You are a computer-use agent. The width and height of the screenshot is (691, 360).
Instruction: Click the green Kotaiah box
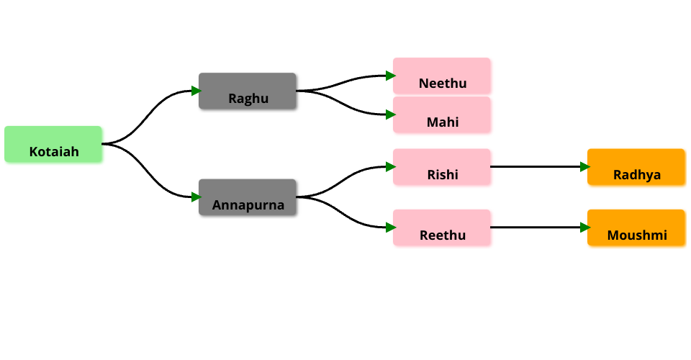(53, 144)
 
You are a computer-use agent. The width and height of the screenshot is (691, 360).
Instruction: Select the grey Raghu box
(247, 91)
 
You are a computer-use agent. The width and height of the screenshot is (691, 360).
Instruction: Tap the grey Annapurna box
(247, 197)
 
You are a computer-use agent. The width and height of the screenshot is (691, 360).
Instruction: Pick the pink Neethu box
(441, 76)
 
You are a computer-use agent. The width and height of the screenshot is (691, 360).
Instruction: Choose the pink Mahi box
(441, 114)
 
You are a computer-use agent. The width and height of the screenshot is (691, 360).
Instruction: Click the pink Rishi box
(441, 167)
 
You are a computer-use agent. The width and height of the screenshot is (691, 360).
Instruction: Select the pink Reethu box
(441, 228)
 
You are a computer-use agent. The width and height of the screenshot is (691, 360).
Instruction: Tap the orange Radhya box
(636, 167)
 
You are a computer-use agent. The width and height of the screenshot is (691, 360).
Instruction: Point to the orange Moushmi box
(636, 228)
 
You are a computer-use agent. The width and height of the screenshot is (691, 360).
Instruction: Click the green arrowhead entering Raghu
(197, 91)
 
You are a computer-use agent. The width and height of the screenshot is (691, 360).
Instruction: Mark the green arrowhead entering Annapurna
(197, 197)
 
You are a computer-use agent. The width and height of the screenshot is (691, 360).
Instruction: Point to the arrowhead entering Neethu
(391, 76)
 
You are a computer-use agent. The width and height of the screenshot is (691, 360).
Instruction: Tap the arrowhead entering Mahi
(391, 114)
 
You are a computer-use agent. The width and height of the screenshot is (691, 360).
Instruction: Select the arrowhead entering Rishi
(391, 167)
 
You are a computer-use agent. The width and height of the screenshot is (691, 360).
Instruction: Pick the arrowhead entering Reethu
(391, 228)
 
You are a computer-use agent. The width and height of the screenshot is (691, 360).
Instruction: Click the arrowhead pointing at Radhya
(585, 167)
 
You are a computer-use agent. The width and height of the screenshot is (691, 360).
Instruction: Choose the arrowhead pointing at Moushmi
(585, 228)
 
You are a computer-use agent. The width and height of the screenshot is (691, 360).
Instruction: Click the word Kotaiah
(54, 152)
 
